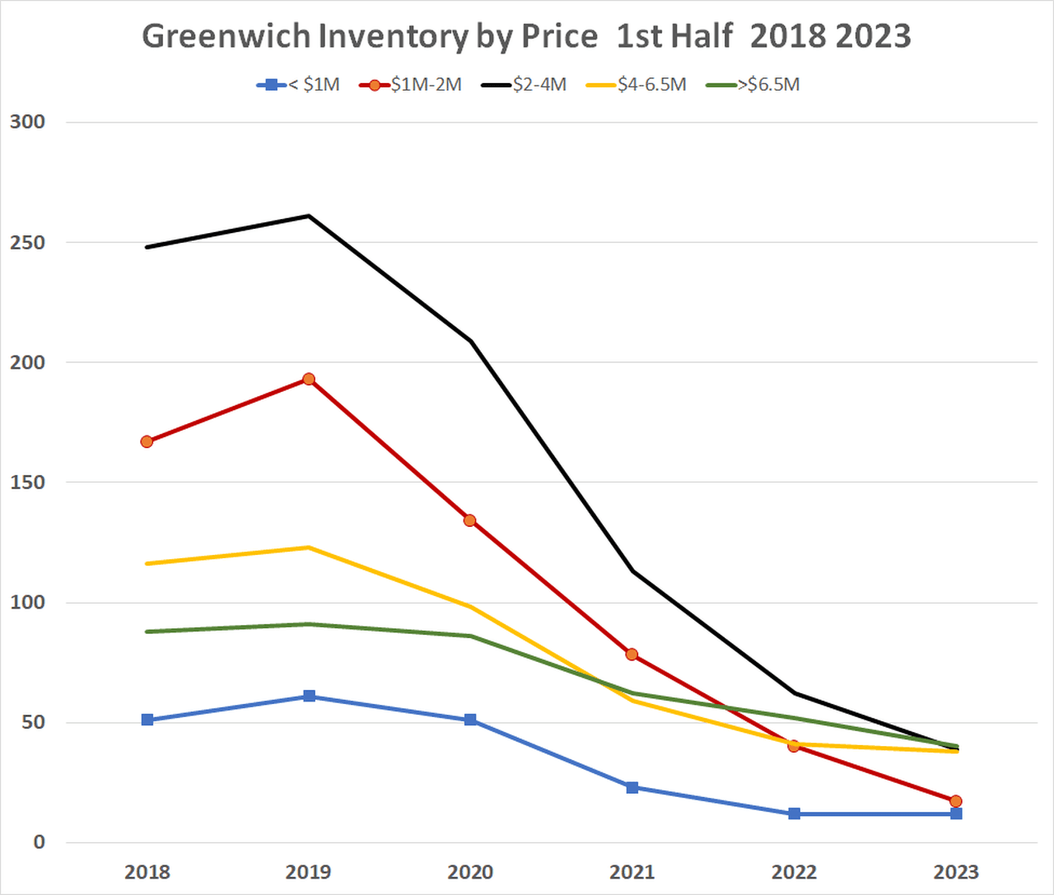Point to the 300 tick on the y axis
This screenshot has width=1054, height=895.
point(27,122)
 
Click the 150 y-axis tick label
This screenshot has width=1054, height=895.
point(27,482)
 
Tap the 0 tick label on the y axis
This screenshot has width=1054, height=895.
point(39,842)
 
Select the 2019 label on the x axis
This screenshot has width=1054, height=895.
point(309,872)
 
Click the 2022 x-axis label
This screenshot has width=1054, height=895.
point(794,872)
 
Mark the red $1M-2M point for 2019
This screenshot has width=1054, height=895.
point(309,379)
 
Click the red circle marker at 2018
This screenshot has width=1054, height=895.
point(147,441)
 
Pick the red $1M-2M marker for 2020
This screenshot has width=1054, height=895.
point(470,520)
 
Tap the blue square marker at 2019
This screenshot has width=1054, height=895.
point(309,697)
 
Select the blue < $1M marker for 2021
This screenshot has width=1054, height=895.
point(632,787)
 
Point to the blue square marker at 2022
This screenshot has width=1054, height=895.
point(794,813)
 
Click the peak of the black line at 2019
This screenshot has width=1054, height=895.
point(309,216)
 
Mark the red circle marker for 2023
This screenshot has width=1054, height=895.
point(955,801)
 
